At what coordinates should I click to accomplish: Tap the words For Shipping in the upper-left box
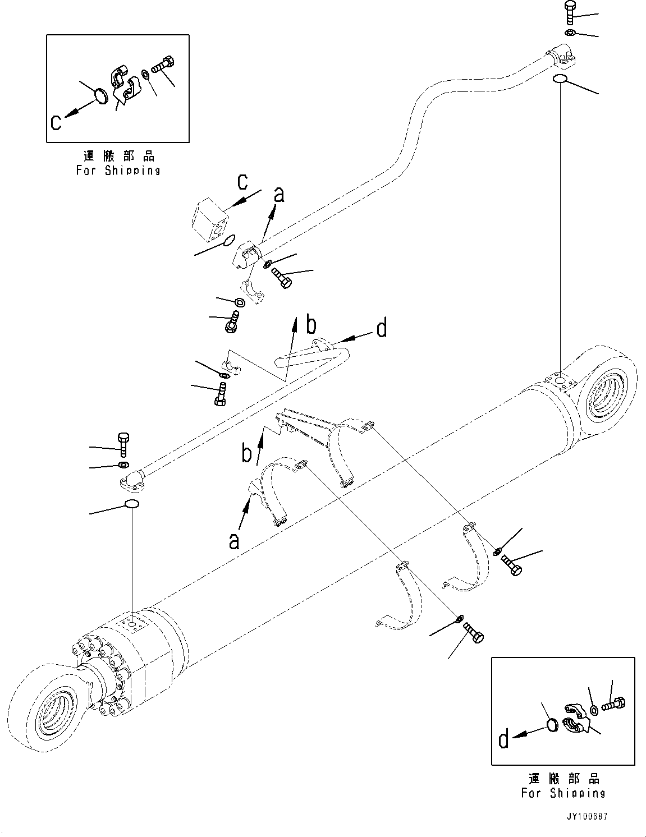point(118,170)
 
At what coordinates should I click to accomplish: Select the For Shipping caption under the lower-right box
point(563,793)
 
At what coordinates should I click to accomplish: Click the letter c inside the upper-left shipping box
point(56,122)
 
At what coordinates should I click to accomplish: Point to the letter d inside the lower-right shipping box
point(503,741)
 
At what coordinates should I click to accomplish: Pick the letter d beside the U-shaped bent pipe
point(382,328)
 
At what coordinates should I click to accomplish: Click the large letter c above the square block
point(242,182)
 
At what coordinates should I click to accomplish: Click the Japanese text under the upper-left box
point(118,156)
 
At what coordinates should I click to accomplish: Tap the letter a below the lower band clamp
point(234,541)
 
